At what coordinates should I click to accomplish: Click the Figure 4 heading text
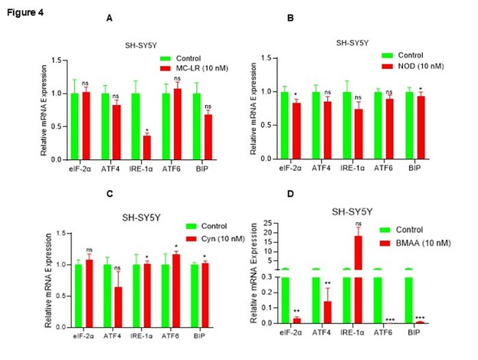pos(21,12)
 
